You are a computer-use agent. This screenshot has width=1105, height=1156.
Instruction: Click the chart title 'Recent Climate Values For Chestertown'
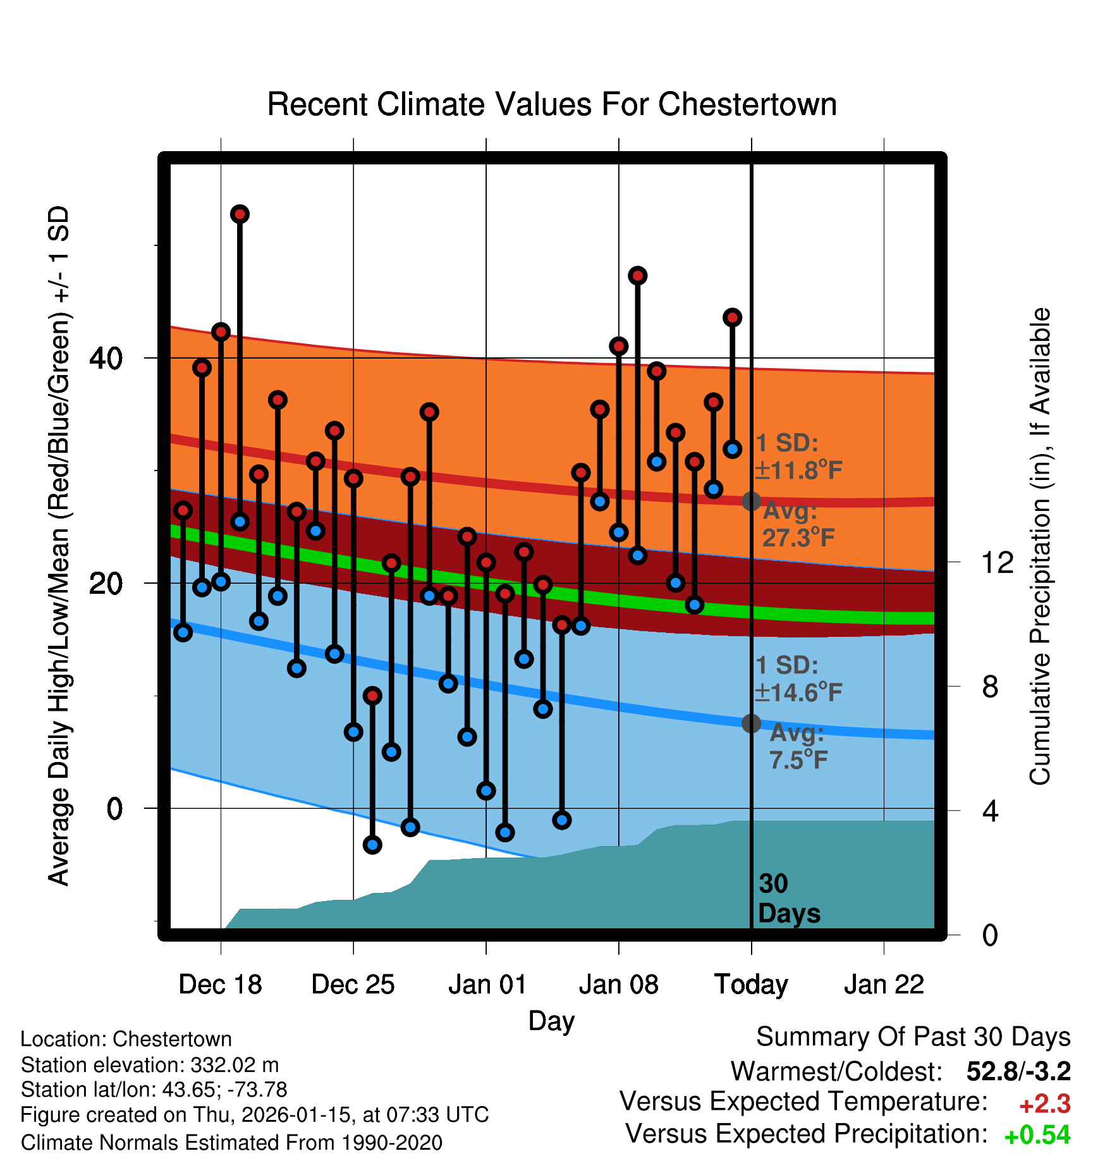tap(552, 104)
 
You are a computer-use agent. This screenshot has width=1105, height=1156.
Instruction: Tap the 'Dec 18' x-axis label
tap(220, 985)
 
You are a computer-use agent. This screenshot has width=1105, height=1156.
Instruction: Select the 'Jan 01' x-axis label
tap(487, 985)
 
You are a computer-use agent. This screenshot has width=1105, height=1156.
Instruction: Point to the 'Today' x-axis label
tap(751, 985)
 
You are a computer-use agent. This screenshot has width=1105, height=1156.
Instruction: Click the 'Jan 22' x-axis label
tap(884, 985)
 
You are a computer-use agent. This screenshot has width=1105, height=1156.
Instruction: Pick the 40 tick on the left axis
tap(106, 359)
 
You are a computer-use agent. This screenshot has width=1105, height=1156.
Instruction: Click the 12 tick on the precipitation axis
tap(997, 562)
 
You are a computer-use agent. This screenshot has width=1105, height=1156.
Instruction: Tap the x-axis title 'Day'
tap(551, 1021)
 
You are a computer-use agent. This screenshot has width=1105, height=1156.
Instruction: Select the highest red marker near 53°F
tap(240, 214)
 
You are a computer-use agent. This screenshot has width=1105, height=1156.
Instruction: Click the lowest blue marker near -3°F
tap(372, 844)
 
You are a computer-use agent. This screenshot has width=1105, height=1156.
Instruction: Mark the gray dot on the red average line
tap(751, 501)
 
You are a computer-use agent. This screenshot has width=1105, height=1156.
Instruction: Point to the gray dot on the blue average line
tap(751, 723)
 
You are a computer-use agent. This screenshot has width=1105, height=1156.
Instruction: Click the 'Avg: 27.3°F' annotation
tap(798, 524)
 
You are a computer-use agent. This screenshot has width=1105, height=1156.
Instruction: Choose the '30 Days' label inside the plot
tap(788, 899)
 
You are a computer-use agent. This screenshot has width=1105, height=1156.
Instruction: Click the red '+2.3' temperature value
tap(1044, 1104)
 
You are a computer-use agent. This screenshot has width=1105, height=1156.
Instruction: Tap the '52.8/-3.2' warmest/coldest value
tap(1018, 1071)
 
